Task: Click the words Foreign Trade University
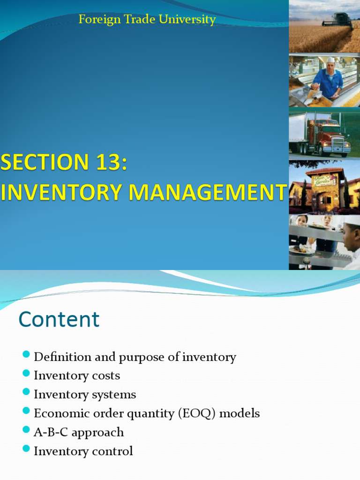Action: point(147,20)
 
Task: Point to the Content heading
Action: point(59,320)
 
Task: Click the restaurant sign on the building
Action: point(325,180)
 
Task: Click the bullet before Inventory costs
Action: point(26,374)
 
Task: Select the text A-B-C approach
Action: point(79,432)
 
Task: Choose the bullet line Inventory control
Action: point(83,451)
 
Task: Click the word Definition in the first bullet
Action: point(62,357)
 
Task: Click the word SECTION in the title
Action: point(44,163)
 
